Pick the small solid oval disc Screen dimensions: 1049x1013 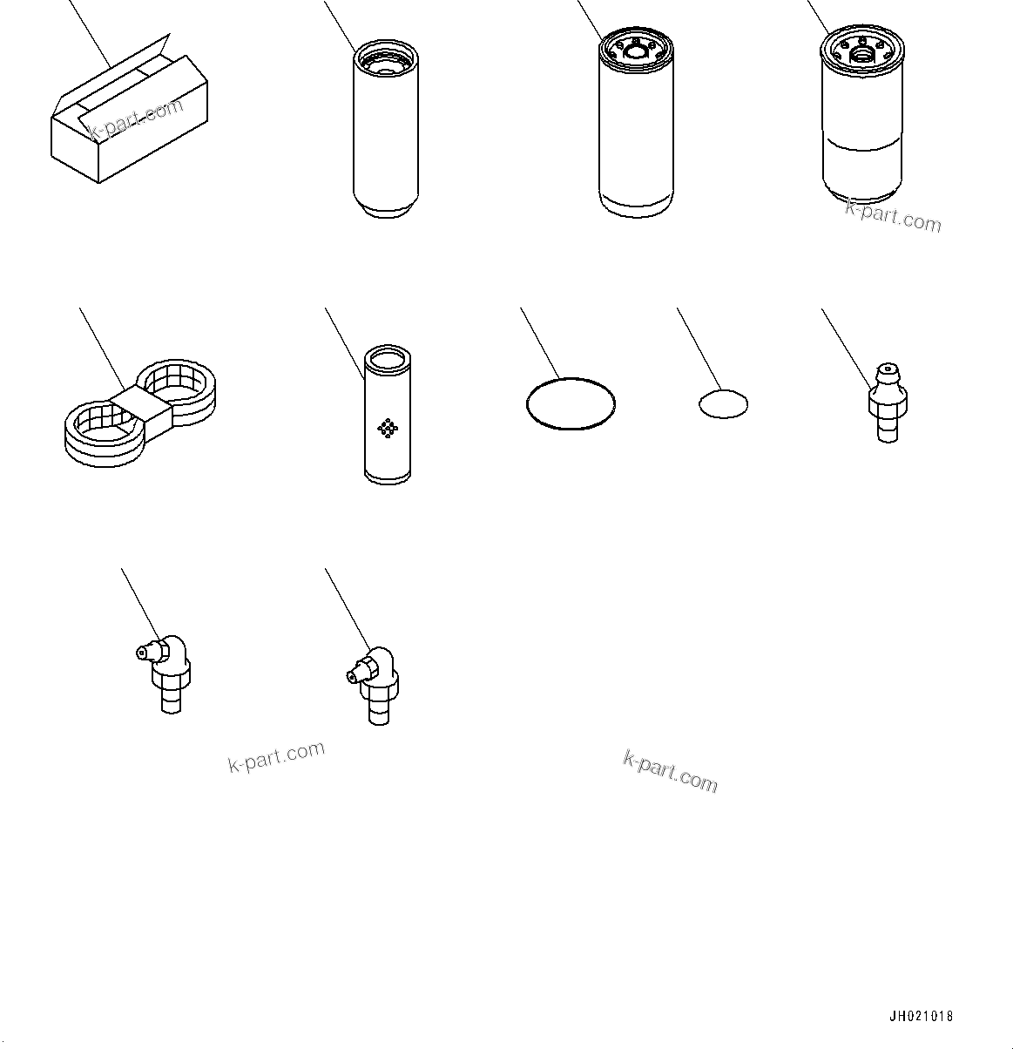click(723, 403)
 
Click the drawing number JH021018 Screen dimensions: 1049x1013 click(921, 1016)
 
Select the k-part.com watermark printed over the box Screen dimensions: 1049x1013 click(137, 120)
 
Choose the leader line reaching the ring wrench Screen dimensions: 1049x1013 click(101, 349)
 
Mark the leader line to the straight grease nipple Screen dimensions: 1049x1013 click(845, 344)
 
